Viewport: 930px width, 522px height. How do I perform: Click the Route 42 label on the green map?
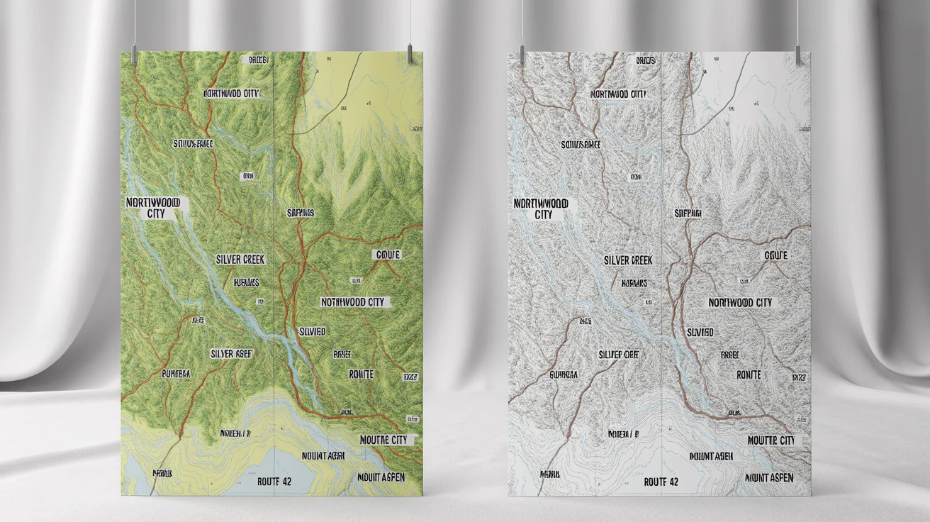[x=274, y=482]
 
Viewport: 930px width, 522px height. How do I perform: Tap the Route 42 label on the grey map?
[x=661, y=482]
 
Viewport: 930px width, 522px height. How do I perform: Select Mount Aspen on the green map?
[x=381, y=477]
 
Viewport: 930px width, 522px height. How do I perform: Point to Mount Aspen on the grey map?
[x=768, y=477]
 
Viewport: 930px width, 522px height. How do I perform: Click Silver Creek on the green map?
[x=240, y=260]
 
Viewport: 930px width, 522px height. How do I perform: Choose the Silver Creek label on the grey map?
[x=628, y=260]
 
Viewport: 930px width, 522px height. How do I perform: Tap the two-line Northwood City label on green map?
[x=153, y=208]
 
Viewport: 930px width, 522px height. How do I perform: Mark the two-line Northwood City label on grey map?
[x=543, y=209]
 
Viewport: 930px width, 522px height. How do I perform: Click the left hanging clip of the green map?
[x=134, y=55]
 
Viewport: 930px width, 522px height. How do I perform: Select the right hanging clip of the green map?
[x=410, y=53]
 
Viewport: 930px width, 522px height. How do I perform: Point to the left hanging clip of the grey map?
[x=522, y=55]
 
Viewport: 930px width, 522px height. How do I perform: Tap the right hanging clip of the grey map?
[x=797, y=55]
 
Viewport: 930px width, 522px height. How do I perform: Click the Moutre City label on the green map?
[x=383, y=440]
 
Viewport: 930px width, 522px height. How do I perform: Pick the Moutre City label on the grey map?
[x=771, y=440]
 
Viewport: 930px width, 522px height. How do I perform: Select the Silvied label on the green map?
[x=313, y=331]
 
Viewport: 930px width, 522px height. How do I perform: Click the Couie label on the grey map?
[x=776, y=255]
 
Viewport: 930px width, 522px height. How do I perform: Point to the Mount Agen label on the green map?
[x=323, y=456]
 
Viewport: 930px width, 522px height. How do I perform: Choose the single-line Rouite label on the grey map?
[x=749, y=374]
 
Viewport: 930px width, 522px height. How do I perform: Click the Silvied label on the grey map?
[x=700, y=332]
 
